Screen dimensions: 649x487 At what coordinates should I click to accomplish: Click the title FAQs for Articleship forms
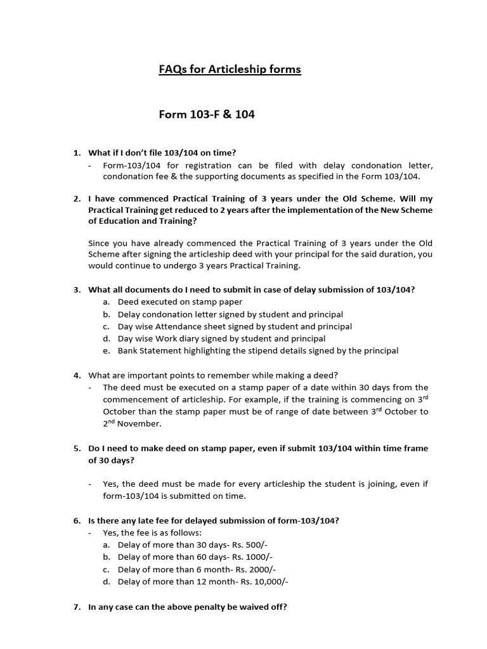click(230, 69)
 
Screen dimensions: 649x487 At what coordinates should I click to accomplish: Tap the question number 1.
click(76, 153)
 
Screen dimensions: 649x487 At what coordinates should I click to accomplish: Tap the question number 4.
click(76, 375)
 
